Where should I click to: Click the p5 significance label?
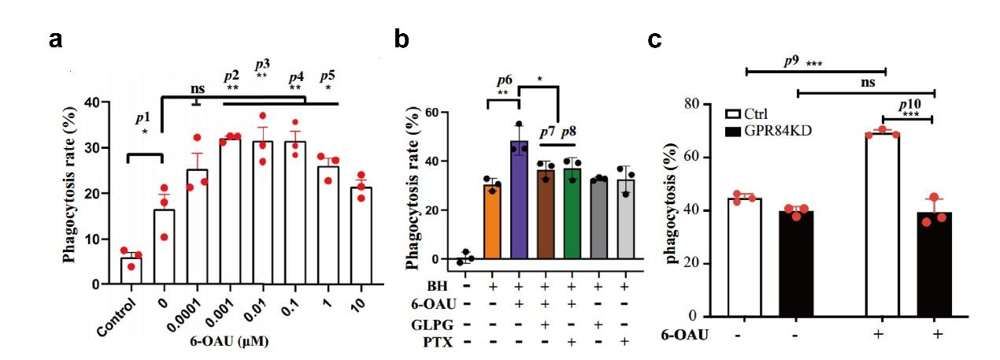[327, 76]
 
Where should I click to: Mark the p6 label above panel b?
[505, 80]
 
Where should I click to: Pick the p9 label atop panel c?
[791, 61]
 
